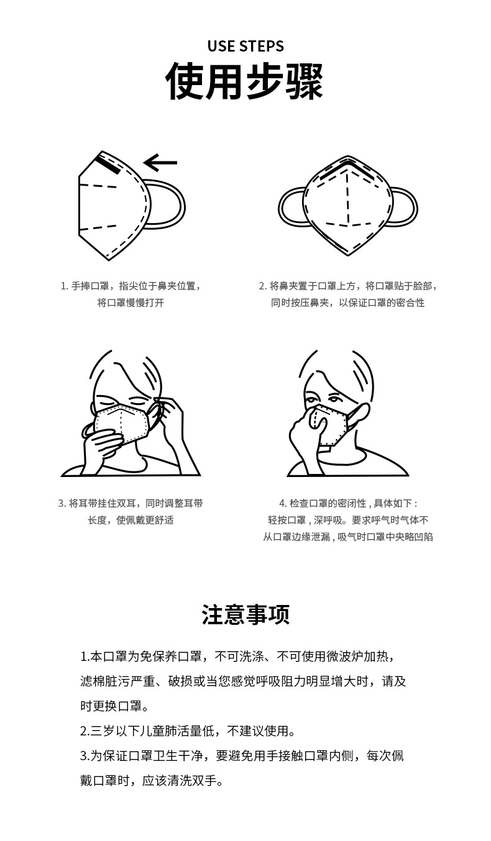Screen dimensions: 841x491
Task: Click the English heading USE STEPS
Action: point(245,46)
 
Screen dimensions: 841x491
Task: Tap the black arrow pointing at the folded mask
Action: point(160,163)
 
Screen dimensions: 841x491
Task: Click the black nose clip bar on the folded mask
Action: point(108,164)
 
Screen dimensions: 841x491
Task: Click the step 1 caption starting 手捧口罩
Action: point(131,286)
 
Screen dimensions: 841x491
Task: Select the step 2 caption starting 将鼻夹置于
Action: point(347,286)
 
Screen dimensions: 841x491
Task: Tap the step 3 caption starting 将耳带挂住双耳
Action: point(131,503)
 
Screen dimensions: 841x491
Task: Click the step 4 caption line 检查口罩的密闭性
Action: point(347,503)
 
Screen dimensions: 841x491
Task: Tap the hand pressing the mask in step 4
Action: point(305,432)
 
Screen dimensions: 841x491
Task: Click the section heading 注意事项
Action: point(245,614)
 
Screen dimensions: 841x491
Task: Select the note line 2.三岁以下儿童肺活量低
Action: point(188,730)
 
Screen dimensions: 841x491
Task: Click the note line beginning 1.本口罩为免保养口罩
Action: point(237,657)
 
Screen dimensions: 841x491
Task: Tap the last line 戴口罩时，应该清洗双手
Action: point(152,780)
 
